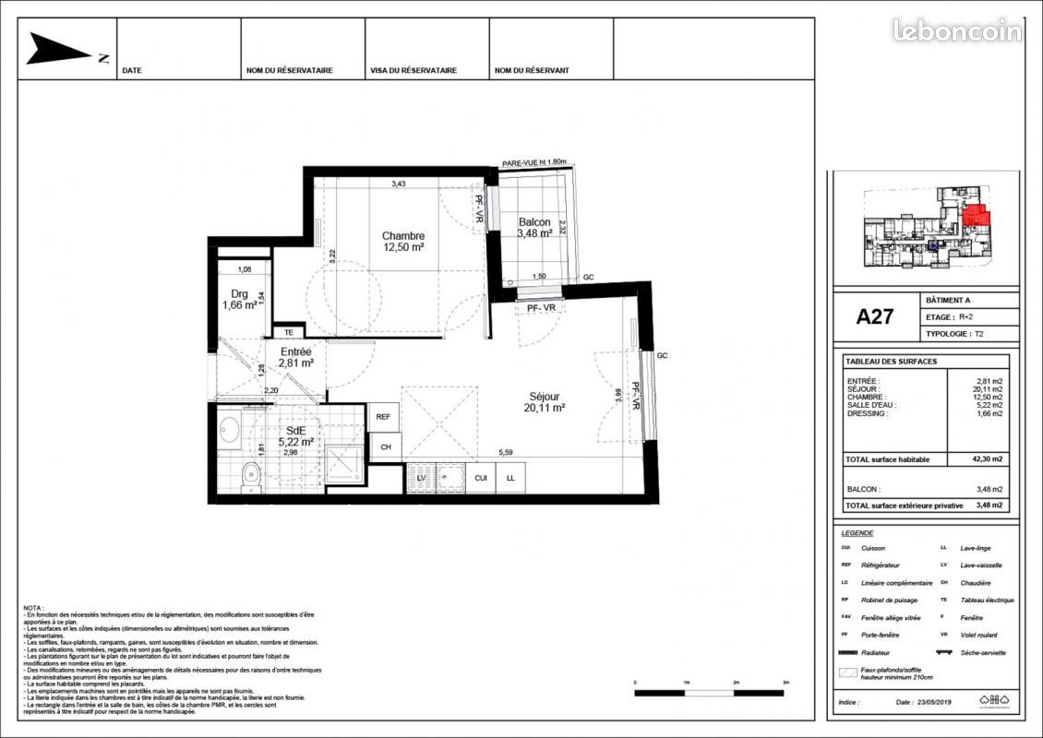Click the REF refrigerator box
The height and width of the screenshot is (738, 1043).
point(383,417)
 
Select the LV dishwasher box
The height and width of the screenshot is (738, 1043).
point(421,477)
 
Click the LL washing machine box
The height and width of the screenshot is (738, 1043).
point(510,477)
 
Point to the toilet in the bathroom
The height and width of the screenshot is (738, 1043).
point(247,475)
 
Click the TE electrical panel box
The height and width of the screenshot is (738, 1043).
point(288,332)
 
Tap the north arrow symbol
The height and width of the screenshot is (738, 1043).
point(61,50)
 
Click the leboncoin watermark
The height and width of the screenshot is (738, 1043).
point(956,30)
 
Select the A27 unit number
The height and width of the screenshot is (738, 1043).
point(874,316)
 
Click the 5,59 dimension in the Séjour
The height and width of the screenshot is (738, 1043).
point(506,452)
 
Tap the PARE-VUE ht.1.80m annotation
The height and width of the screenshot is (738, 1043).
point(533,162)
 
